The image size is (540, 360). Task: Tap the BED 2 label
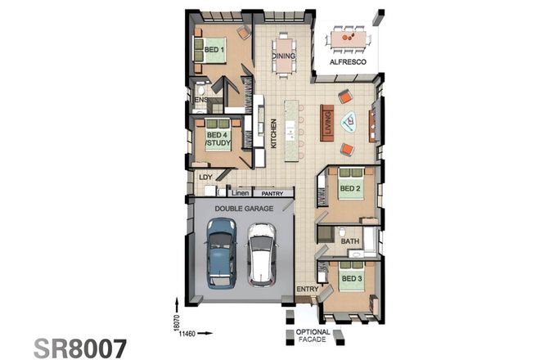pos(350,188)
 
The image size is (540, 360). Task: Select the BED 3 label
pos(350,279)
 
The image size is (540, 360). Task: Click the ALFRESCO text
pos(347,62)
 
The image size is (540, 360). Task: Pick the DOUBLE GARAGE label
pos(244,209)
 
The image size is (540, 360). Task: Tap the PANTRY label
pos(272,194)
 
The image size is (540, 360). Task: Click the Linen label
pos(240,194)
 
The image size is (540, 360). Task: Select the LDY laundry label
pos(205,177)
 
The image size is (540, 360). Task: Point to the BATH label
pos(350,241)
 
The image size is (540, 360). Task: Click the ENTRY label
pos(307,289)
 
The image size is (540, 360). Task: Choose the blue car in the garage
pos(220,254)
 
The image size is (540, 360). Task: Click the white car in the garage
pos(261,254)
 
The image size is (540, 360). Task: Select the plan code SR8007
pos(81,347)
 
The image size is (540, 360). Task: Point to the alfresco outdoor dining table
pos(349,38)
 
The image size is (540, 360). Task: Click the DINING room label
pos(284,56)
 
